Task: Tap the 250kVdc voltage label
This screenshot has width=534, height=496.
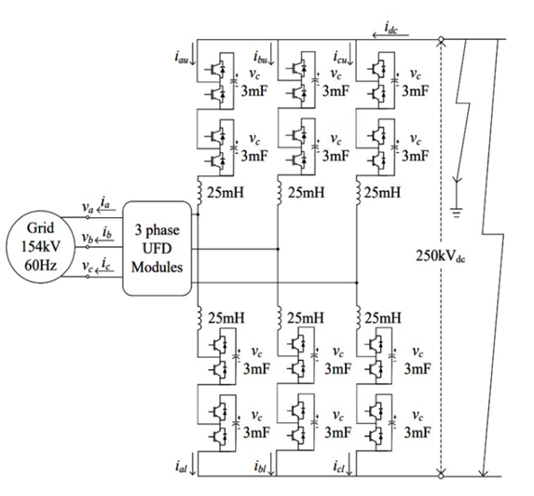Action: point(441,255)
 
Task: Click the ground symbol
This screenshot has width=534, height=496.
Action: point(457,212)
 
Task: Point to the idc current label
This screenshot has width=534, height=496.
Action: point(391,27)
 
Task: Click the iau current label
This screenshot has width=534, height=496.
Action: point(181,57)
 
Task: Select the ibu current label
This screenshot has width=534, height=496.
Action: point(260,57)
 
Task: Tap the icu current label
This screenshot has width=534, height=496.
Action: point(340,57)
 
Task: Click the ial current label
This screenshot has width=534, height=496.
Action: point(181,466)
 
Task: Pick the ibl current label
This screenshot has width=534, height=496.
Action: point(260,466)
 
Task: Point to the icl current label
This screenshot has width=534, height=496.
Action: point(339,466)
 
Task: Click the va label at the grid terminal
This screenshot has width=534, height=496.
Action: point(88,207)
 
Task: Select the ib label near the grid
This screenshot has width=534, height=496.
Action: point(107,233)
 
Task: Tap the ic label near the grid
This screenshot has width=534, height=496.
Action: point(106,263)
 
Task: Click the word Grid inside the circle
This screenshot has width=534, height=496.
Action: point(40,227)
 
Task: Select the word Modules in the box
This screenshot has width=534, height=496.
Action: point(157,267)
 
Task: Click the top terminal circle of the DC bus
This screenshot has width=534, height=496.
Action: point(441,39)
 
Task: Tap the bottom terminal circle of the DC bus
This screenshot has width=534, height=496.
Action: point(441,475)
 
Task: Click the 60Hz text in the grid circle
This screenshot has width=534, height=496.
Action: point(40,265)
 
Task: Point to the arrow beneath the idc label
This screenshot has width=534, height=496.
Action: point(390,35)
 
